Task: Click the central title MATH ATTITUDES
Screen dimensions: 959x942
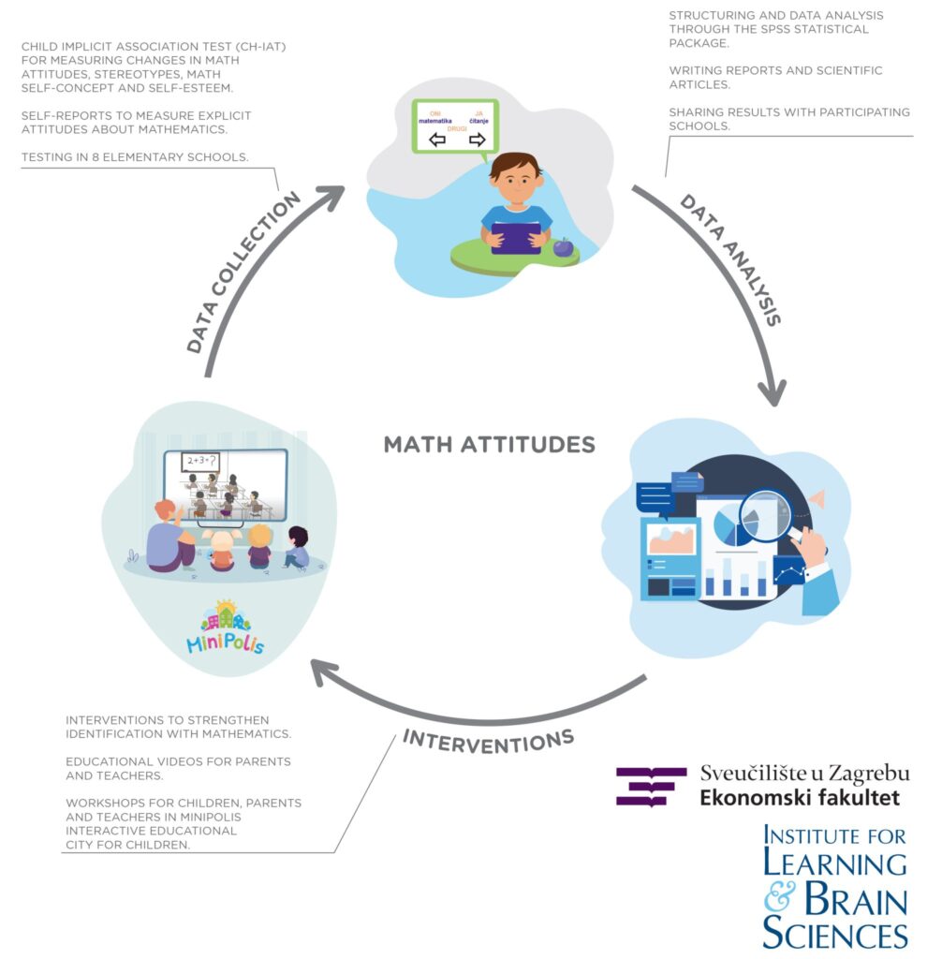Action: point(489,444)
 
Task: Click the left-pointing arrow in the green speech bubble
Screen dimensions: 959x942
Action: point(437,140)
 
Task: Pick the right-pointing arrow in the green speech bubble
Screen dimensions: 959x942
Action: point(478,140)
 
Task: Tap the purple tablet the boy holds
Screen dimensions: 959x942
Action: point(516,237)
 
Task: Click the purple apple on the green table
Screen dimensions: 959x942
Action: point(563,248)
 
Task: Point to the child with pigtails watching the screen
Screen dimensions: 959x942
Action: point(221,548)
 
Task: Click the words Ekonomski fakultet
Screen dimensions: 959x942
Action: point(800,798)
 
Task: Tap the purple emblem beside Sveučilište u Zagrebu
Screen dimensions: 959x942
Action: point(651,786)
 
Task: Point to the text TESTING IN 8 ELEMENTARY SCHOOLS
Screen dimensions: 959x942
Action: point(134,157)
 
